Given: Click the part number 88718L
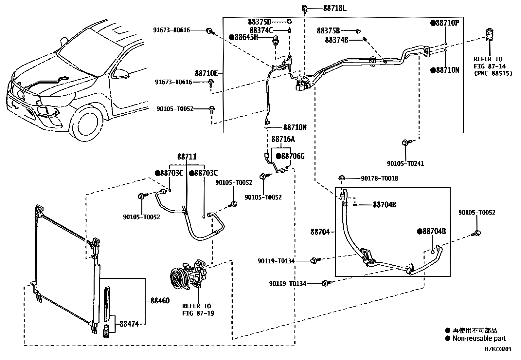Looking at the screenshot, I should pyautogui.click(x=334, y=8).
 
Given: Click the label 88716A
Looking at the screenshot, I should pyautogui.click(x=283, y=140).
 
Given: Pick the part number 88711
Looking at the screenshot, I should pyautogui.click(x=187, y=157).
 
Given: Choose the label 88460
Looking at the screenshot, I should pyautogui.click(x=160, y=300).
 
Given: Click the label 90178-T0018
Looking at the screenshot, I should pyautogui.click(x=379, y=179).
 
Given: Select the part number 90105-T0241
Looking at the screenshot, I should pyautogui.click(x=405, y=163).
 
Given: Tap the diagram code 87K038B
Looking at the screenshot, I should pyautogui.click(x=498, y=349).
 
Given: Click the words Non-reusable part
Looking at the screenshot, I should pyautogui.click(x=478, y=339).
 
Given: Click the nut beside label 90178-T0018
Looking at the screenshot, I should pyautogui.click(x=341, y=178).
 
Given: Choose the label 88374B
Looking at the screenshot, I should pyautogui.click(x=336, y=40).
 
